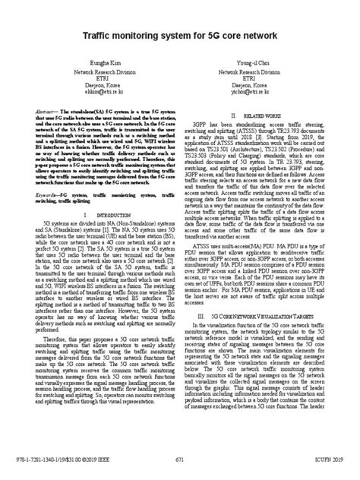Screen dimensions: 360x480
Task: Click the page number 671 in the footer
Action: click(181, 459)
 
